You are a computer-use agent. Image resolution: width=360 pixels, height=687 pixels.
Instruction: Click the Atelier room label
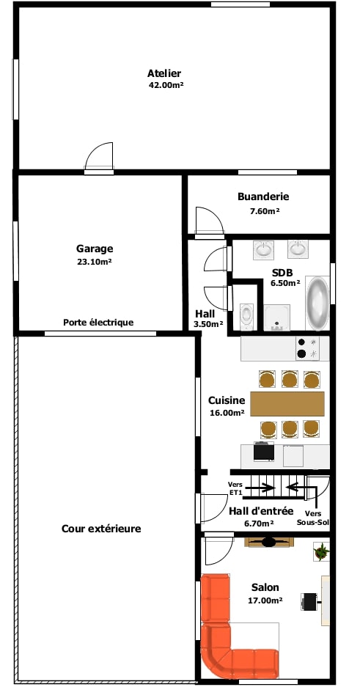[164, 73]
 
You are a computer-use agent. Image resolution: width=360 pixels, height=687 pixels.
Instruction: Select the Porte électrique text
[98, 323]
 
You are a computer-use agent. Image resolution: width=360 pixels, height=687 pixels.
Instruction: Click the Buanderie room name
[263, 196]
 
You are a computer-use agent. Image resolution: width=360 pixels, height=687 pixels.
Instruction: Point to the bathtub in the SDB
[317, 304]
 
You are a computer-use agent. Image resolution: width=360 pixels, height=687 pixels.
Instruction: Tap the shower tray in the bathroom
[277, 317]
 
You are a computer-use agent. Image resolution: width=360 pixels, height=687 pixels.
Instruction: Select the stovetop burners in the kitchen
[307, 348]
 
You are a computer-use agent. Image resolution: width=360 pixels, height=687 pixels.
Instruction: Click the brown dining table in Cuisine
[287, 403]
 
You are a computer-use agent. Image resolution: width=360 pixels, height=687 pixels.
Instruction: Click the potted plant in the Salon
[321, 551]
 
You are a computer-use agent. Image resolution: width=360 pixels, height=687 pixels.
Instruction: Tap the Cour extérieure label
[101, 529]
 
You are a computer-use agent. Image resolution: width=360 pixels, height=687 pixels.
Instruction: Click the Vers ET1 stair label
[235, 488]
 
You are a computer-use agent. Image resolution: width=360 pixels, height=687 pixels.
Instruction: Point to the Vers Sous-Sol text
[312, 518]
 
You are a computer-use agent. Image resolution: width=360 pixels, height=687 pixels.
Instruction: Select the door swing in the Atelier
[99, 156]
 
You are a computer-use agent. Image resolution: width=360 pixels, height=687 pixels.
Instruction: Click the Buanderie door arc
[210, 221]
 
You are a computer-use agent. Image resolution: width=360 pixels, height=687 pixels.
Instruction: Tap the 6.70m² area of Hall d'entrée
[259, 523]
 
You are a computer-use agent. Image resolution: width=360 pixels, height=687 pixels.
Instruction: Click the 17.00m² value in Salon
[265, 600]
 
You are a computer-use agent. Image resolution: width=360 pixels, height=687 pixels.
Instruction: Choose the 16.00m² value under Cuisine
[227, 413]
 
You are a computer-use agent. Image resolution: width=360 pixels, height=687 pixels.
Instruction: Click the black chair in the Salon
[309, 601]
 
